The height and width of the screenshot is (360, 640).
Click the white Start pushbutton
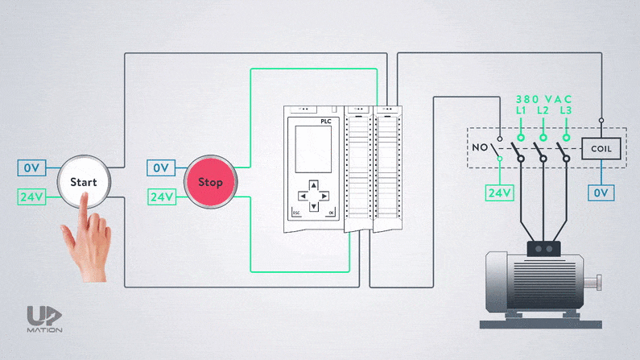83,182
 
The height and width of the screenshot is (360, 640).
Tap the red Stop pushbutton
210,182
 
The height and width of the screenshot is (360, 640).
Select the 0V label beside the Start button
31,168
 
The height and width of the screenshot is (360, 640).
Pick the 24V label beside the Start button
31,196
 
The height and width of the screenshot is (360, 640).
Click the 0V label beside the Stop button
160,168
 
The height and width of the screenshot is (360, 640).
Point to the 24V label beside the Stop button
161,196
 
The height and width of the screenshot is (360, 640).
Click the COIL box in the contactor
601,148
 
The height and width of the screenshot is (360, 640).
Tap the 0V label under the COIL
601,192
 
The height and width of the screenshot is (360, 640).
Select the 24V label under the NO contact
499,192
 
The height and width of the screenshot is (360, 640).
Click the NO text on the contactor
479,148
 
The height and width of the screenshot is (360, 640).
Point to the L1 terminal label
521,109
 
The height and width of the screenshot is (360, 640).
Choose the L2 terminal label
543,109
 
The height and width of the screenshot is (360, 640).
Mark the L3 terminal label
566,109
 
